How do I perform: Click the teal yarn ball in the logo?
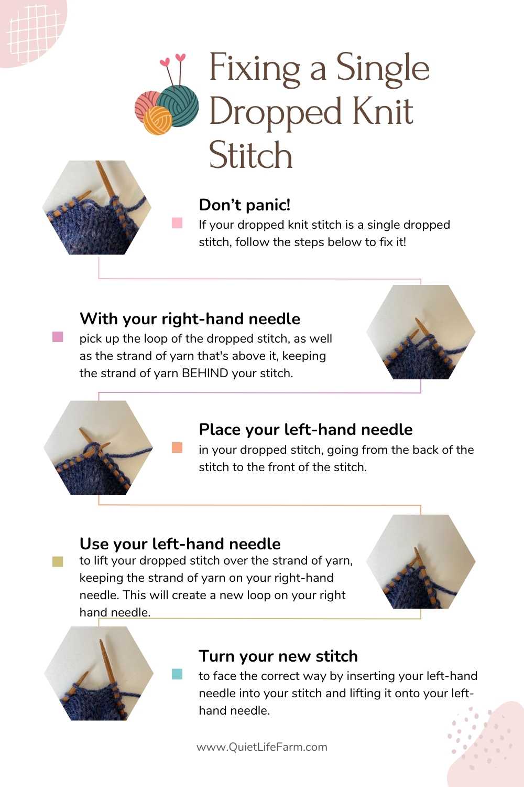(178, 105)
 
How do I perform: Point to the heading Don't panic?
(244, 205)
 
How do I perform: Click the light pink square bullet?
(177, 223)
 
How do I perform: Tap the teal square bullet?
(177, 674)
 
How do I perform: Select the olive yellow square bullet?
(58, 561)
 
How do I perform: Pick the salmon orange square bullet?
(177, 448)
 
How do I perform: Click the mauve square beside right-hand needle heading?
(58, 337)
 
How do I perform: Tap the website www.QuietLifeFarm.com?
(261, 747)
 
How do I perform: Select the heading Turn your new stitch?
(278, 656)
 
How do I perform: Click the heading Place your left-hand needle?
(305, 430)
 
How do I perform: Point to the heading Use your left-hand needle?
(180, 543)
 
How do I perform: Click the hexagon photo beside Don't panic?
(97, 208)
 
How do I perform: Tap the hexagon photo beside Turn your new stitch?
(99, 673)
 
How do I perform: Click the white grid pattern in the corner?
(31, 29)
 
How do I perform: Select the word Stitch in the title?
(250, 156)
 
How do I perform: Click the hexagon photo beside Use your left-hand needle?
(421, 561)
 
